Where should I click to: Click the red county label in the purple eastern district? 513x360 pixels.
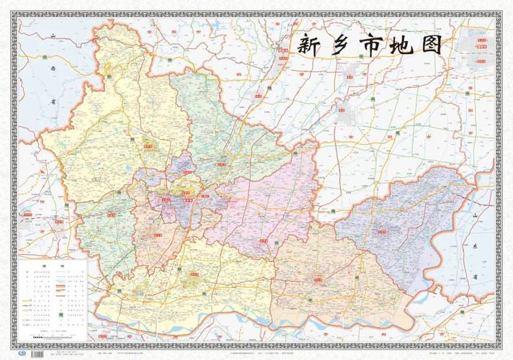382,230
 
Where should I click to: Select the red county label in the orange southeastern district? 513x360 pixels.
318,278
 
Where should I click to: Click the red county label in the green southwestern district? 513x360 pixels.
112,214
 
